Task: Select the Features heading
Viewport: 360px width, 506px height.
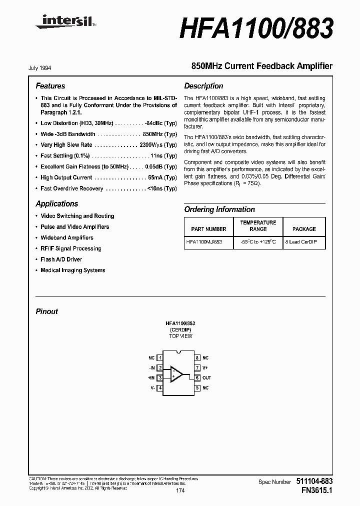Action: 50,86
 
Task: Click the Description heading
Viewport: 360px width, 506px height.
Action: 203,86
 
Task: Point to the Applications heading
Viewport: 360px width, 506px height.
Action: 57,204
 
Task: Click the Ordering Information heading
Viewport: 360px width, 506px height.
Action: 219,209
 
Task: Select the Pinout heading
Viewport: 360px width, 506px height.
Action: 46,311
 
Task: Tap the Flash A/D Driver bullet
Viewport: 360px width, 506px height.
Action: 61,259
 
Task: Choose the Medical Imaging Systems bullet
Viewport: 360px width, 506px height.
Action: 72,270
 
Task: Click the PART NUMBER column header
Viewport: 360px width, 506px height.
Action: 208,229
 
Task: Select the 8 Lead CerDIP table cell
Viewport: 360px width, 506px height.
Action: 304,241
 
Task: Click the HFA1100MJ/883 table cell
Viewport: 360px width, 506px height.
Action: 203,241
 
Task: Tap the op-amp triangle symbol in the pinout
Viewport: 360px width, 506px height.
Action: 176,373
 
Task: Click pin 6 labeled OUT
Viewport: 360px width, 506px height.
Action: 198,378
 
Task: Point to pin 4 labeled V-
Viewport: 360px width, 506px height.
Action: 159,388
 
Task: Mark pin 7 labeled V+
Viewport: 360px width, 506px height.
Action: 198,368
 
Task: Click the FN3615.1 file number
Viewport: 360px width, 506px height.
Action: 313,491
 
